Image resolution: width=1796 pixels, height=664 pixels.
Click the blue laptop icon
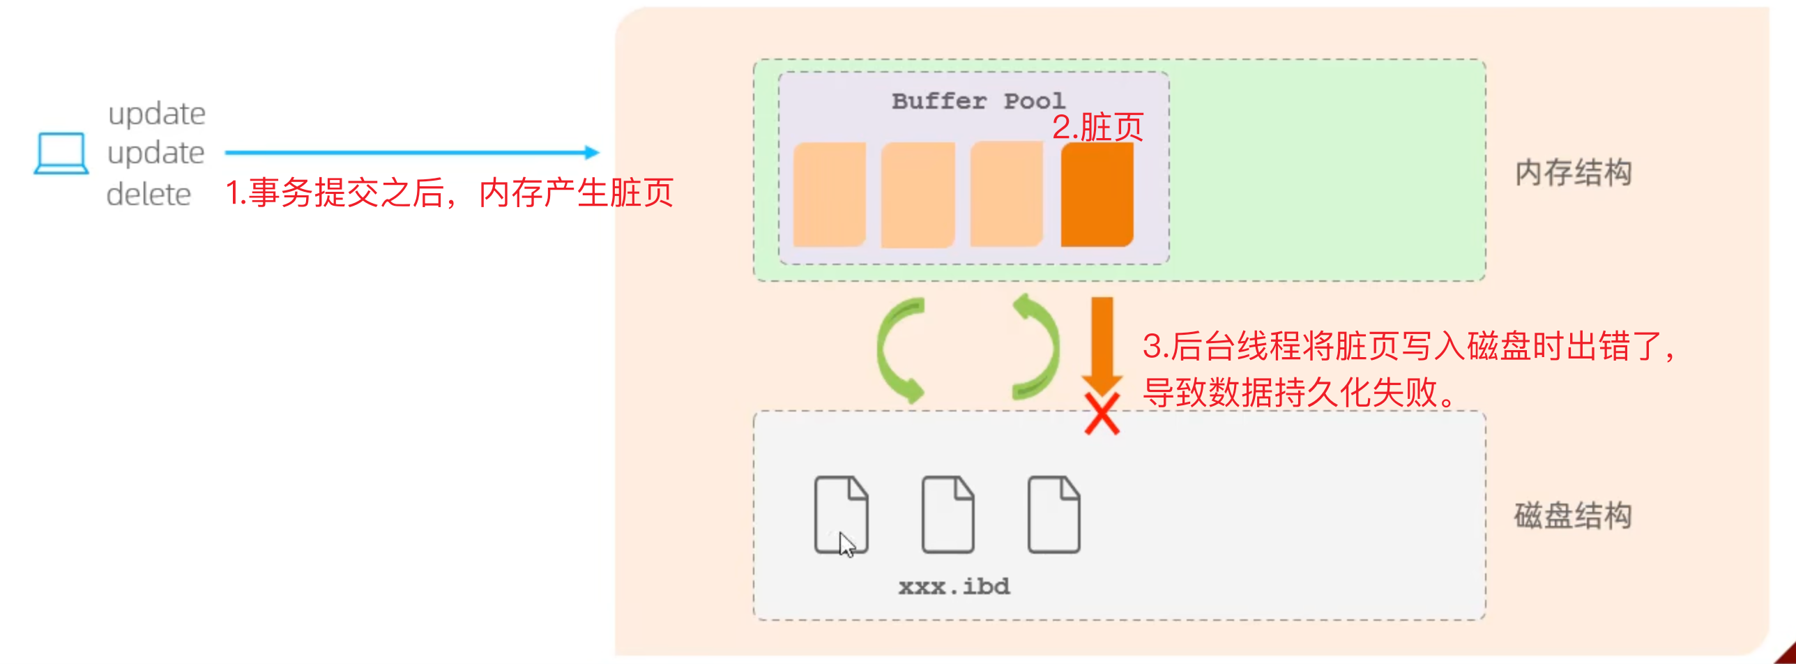pos(61,153)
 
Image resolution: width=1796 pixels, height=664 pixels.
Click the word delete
pos(149,195)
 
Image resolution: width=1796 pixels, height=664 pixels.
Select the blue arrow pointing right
pos(411,152)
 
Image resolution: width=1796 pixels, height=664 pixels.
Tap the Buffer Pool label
pos(978,102)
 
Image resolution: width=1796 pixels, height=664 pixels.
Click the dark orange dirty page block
pos(1097,195)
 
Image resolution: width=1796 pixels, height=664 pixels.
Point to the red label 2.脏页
pos(1097,128)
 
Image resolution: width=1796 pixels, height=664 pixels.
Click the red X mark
pos(1102,414)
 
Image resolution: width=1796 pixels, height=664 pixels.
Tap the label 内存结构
pos(1573,173)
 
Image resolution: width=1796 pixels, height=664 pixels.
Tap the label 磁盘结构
pos(1573,516)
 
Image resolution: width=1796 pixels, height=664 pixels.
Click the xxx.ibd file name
pos(954,587)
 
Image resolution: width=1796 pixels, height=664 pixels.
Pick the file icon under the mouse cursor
pos(841,515)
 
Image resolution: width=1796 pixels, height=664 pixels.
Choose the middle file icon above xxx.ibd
pos(948,515)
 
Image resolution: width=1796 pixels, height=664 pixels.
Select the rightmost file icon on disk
pos(1053,515)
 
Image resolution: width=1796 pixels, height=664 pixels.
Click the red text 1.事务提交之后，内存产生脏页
pos(449,193)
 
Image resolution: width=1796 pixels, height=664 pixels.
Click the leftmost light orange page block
pos(829,195)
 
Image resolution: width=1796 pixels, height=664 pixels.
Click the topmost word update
pos(157,114)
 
